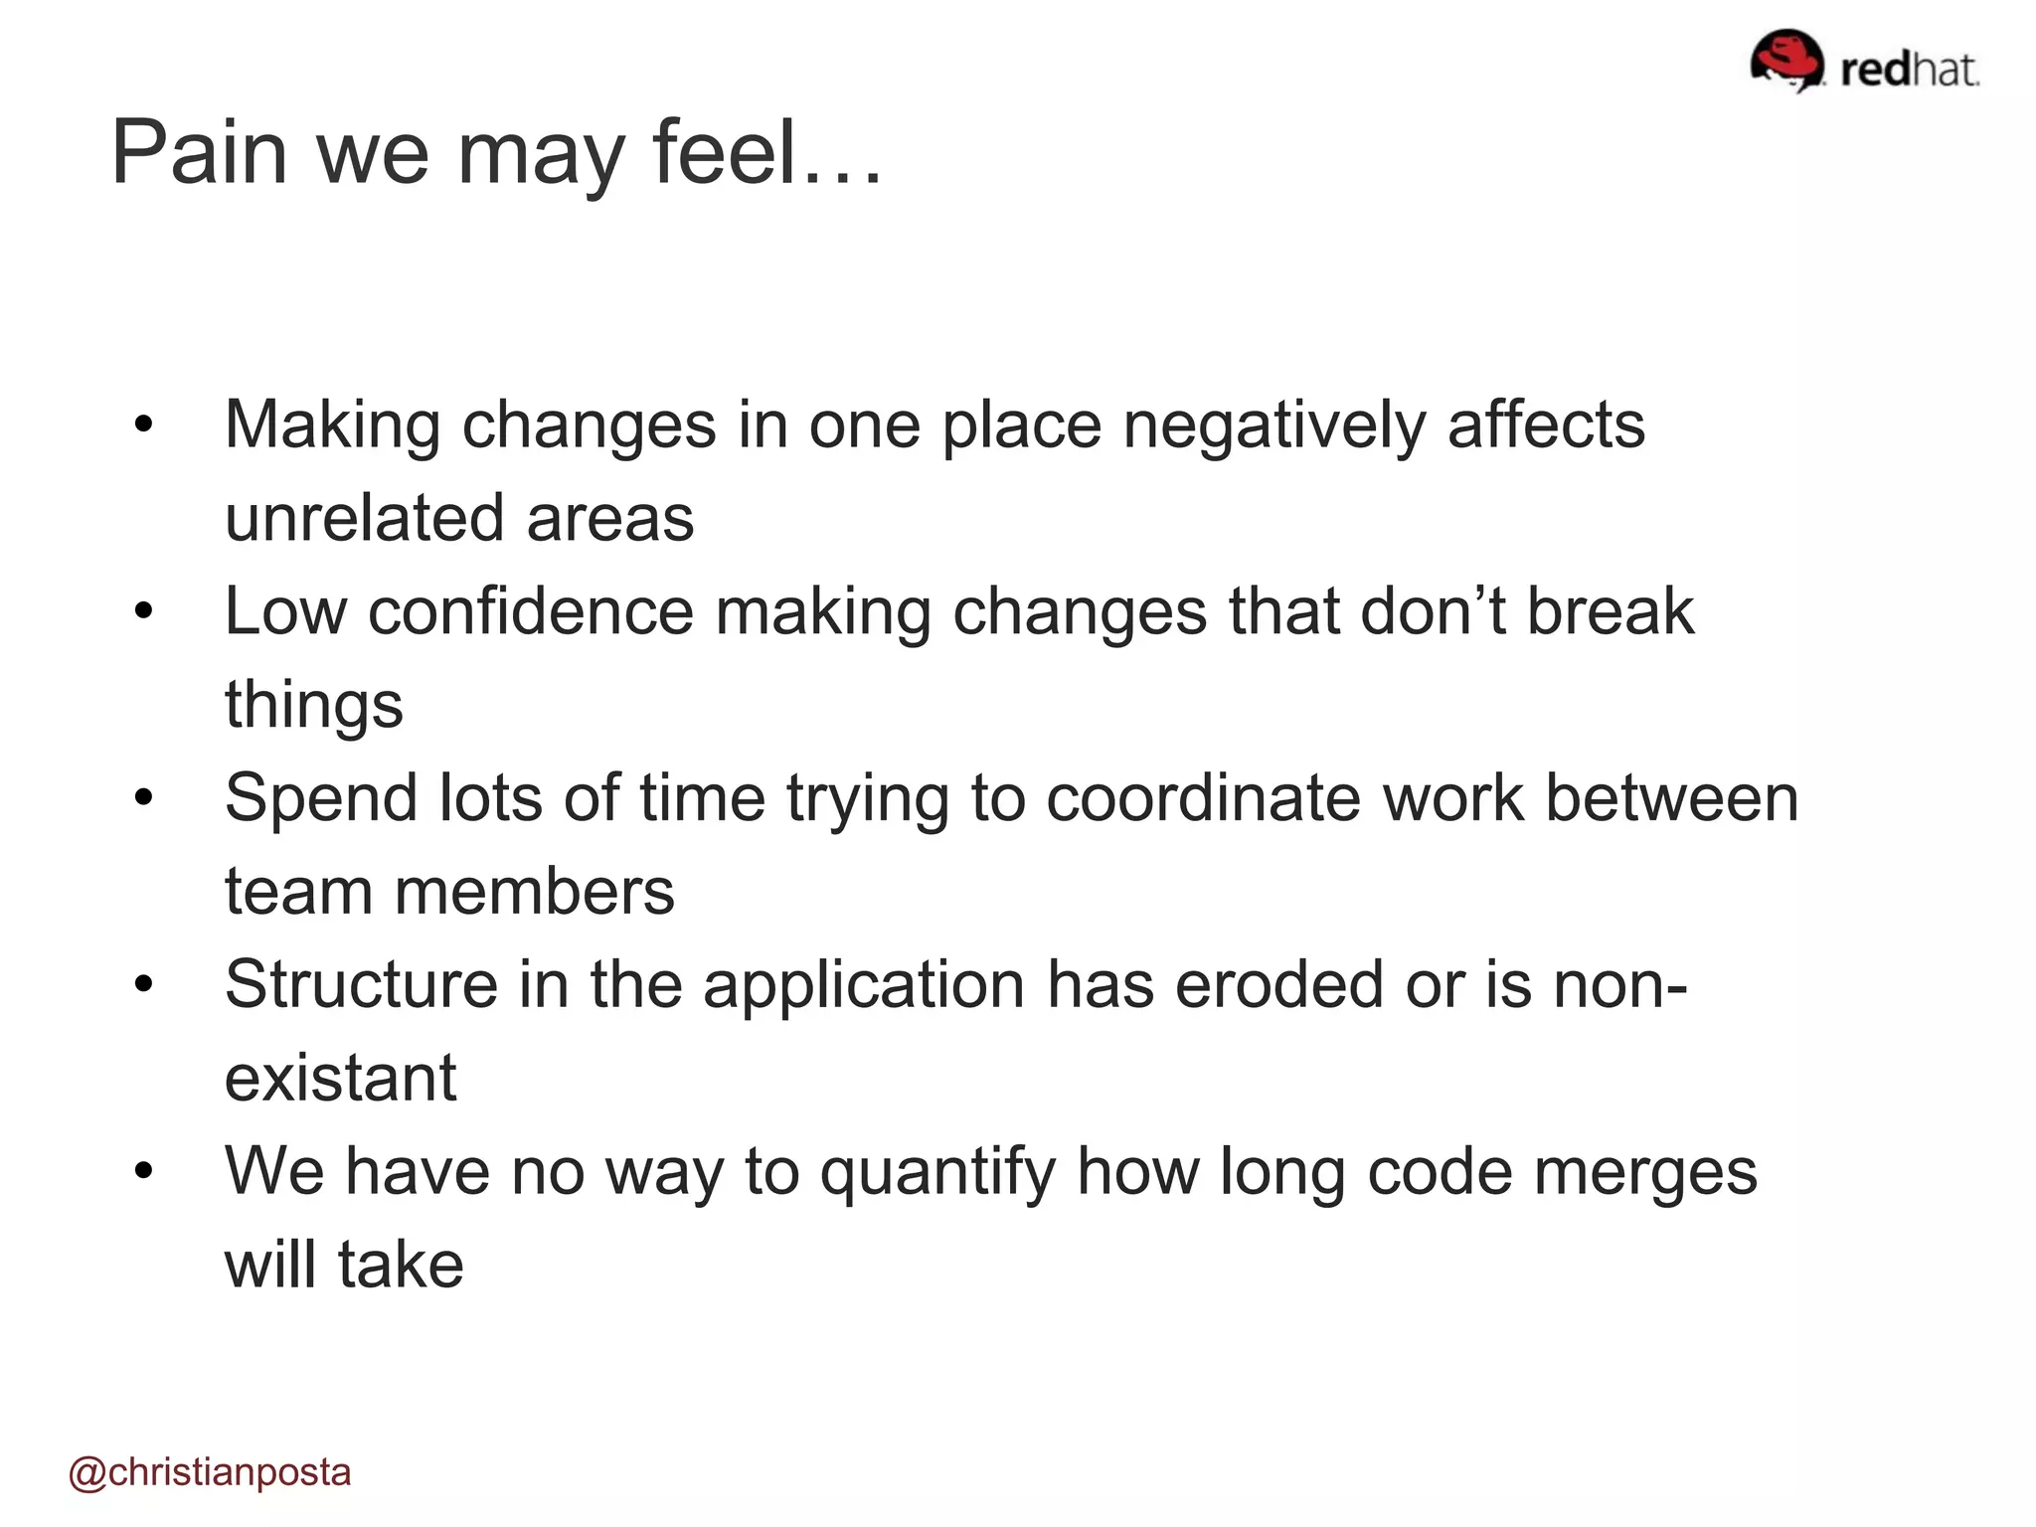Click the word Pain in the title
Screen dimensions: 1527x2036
click(199, 153)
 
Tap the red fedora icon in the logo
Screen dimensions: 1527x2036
click(1786, 60)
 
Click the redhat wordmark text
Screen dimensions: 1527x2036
click(1909, 70)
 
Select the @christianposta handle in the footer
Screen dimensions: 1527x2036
click(210, 1472)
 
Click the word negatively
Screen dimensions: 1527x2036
click(1273, 425)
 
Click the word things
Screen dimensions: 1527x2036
click(314, 705)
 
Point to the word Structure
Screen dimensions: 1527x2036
click(361, 984)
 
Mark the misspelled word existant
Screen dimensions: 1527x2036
click(340, 1078)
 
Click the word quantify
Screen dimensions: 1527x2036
click(937, 1172)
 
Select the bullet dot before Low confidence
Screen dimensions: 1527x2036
click(145, 611)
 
